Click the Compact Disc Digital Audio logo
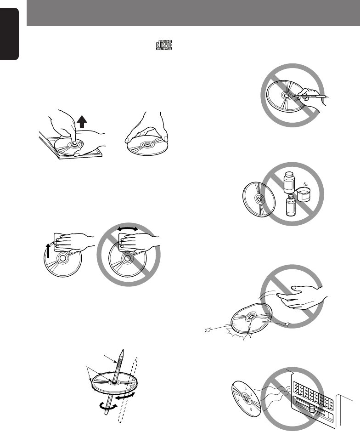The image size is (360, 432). [x=164, y=45]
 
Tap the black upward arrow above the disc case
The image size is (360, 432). [x=82, y=122]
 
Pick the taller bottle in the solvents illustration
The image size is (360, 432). [x=289, y=182]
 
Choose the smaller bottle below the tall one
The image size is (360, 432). [x=290, y=205]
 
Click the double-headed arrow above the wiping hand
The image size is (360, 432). [x=128, y=229]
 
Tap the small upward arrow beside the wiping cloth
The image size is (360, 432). [x=48, y=250]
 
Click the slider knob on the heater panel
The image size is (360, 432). [x=312, y=409]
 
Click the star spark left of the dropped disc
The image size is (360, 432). [x=208, y=330]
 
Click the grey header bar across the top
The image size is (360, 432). [x=193, y=13]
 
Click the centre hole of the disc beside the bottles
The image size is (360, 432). [x=259, y=198]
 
